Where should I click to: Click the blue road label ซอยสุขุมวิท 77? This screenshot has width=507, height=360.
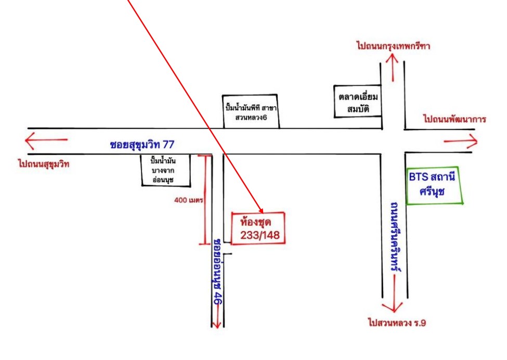142,145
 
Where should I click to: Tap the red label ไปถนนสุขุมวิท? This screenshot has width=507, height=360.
44,164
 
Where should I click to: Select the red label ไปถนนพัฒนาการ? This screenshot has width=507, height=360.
454,119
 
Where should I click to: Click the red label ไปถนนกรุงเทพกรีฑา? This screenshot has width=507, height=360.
393,46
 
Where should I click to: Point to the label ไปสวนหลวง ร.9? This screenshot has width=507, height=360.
397,323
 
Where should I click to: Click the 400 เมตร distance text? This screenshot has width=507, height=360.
189,200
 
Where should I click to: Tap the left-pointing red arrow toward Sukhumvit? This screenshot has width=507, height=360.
46,140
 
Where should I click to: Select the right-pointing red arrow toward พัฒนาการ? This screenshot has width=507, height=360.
460,142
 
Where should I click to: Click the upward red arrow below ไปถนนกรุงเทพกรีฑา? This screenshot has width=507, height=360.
393,67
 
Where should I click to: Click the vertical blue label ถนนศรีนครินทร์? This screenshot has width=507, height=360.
395,238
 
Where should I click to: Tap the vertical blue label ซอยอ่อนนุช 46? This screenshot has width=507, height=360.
218,272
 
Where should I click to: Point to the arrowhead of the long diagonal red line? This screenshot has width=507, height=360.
262,211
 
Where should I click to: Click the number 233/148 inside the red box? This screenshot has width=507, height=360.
259,235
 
